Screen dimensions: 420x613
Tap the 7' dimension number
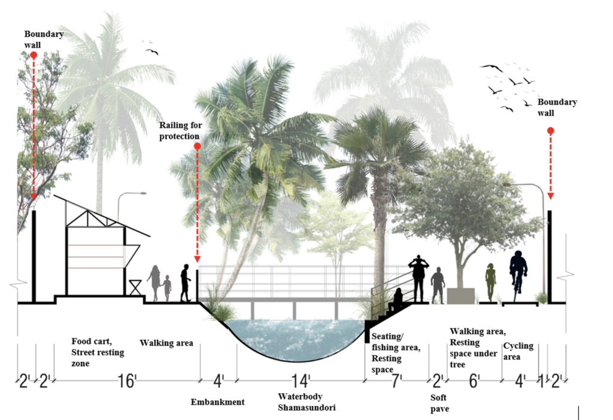pyautogui.click(x=397, y=381)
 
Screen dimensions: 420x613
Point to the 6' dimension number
pyautogui.click(x=474, y=381)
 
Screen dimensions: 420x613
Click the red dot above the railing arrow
pyautogui.click(x=197, y=145)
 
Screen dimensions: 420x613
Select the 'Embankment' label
pyautogui.click(x=217, y=402)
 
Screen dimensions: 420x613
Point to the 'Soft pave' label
pyautogui.click(x=440, y=403)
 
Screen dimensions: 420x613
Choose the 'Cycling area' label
pyautogui.click(x=518, y=351)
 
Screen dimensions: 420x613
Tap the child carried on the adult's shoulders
pyautogui.click(x=421, y=261)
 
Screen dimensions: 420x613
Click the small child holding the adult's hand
pyautogui.click(x=167, y=288)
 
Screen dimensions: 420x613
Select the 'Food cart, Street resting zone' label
pyautogui.click(x=98, y=352)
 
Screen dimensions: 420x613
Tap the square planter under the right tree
pyautogui.click(x=460, y=294)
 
